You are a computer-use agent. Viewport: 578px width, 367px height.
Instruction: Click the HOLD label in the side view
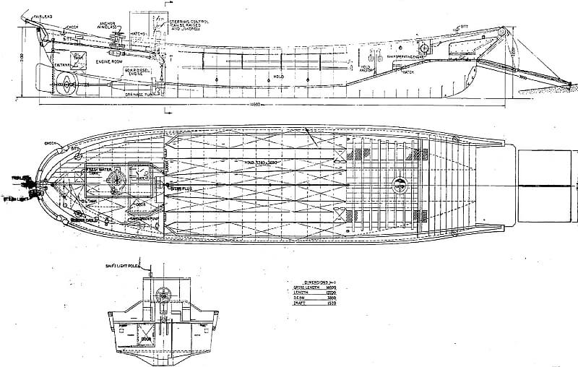point(277,75)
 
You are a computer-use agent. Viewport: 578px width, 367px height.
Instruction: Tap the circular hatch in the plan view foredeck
point(400,183)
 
